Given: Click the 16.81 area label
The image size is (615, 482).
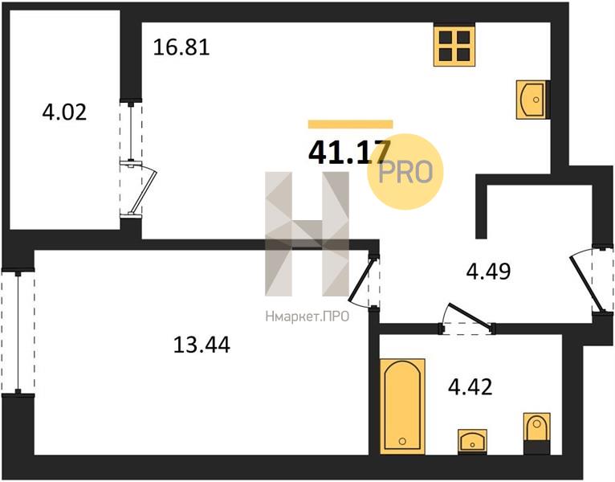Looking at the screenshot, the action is pyautogui.click(x=181, y=47).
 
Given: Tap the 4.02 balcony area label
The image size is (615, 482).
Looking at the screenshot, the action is pyautogui.click(x=64, y=112).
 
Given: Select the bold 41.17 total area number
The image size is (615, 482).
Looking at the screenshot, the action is pyautogui.click(x=349, y=152).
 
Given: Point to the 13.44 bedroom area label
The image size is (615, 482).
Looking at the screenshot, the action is pyautogui.click(x=202, y=345).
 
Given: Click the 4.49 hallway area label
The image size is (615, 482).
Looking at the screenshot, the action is pyautogui.click(x=488, y=271).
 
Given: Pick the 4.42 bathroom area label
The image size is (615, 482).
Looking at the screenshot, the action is pyautogui.click(x=470, y=386).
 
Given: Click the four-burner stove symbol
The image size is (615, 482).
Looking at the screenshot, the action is pyautogui.click(x=454, y=46).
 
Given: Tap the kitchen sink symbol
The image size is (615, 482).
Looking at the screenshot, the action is pyautogui.click(x=532, y=100).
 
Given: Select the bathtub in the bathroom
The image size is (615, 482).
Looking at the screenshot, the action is pyautogui.click(x=402, y=406).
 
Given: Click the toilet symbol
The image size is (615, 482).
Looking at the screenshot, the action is pyautogui.click(x=536, y=433).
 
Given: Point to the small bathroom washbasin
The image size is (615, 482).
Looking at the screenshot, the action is pyautogui.click(x=472, y=442).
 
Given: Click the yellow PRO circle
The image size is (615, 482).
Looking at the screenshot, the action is pyautogui.click(x=405, y=172).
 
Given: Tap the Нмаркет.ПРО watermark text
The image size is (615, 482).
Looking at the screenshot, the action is pyautogui.click(x=307, y=317).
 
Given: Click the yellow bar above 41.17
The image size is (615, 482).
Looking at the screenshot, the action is pyautogui.click(x=351, y=124).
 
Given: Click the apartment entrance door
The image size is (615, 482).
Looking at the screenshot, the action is pyautogui.click(x=585, y=282).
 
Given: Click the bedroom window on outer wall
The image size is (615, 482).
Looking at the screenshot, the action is pyautogui.click(x=18, y=332).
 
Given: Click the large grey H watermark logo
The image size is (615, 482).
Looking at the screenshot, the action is pyautogui.click(x=307, y=234).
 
